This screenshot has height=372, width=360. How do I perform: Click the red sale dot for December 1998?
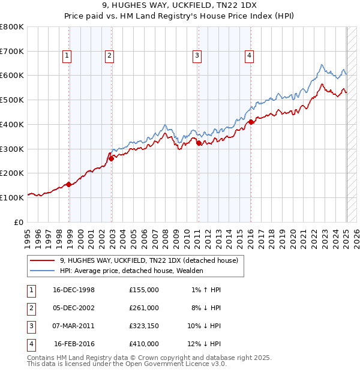coord(69,184)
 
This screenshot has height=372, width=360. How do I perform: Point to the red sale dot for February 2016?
coord(251,122)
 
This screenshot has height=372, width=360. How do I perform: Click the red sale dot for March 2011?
coord(199,143)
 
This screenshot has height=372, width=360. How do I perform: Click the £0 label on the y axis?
coord(18,222)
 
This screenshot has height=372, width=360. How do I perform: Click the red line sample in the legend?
coord(42,260)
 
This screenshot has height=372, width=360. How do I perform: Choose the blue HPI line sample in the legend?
coord(42,271)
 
